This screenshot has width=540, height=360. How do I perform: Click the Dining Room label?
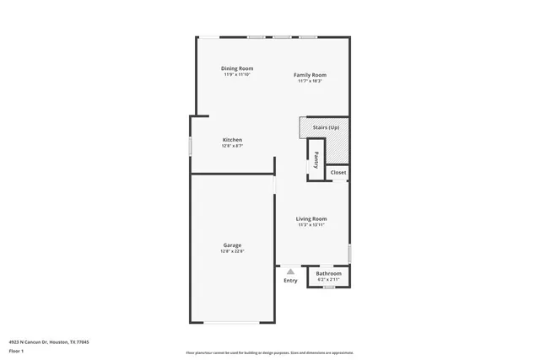click(x=237, y=68)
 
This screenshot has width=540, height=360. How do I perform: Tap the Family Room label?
click(x=310, y=75)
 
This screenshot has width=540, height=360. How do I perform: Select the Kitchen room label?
click(x=232, y=140)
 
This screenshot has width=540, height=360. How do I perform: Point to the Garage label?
click(x=232, y=245)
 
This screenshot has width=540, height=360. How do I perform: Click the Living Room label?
click(x=310, y=219)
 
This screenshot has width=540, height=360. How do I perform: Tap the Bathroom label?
click(x=328, y=273)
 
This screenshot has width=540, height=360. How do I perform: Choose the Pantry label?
click(x=316, y=158)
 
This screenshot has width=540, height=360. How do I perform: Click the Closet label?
click(x=337, y=173)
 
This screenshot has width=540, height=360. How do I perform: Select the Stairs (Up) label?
click(x=326, y=127)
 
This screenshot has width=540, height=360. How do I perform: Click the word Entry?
click(x=290, y=281)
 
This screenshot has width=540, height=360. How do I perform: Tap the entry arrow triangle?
click(x=290, y=271)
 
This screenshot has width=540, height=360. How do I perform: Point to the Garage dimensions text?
click(x=232, y=251)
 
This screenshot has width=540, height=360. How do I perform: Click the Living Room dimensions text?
click(x=310, y=225)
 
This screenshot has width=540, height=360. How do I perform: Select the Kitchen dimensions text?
click(x=232, y=146)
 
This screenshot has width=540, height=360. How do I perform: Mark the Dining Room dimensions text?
click(x=237, y=74)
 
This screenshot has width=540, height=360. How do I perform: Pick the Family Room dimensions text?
click(x=310, y=81)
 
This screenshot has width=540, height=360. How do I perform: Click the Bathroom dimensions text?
click(x=328, y=279)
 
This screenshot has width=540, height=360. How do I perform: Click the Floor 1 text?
click(x=16, y=350)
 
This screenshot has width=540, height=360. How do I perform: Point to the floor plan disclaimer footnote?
click(x=269, y=352)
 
